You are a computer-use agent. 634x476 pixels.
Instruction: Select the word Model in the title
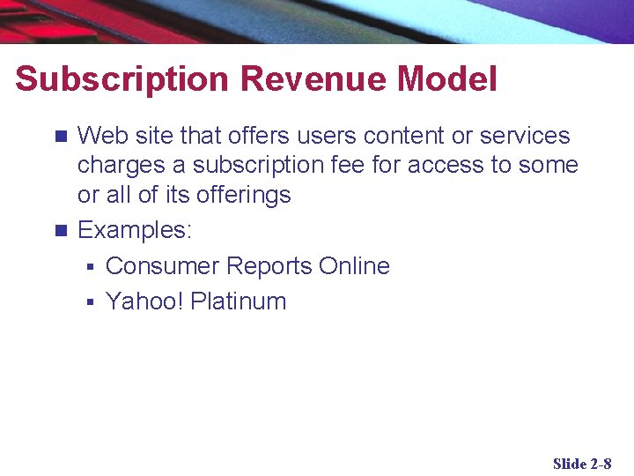[x=447, y=79]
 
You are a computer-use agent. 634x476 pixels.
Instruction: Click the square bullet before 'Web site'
[x=60, y=137]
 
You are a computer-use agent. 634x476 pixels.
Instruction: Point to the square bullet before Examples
[x=60, y=231]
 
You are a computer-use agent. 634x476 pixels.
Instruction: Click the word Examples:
[x=135, y=231]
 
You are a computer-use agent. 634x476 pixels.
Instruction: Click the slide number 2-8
[x=601, y=464]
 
